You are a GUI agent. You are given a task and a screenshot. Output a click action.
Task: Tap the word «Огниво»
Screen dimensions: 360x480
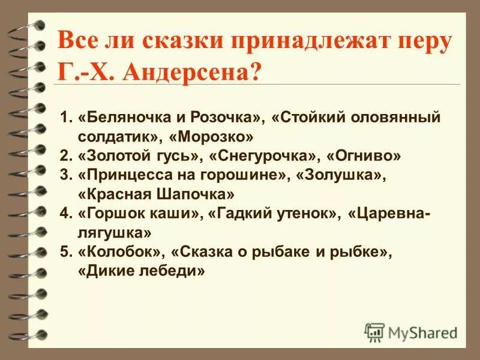pyautogui.click(x=364, y=156)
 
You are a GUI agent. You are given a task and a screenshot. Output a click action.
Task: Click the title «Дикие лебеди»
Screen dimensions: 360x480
pyautogui.click(x=142, y=272)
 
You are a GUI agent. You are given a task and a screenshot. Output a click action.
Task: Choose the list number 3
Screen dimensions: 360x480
pyautogui.click(x=65, y=175)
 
